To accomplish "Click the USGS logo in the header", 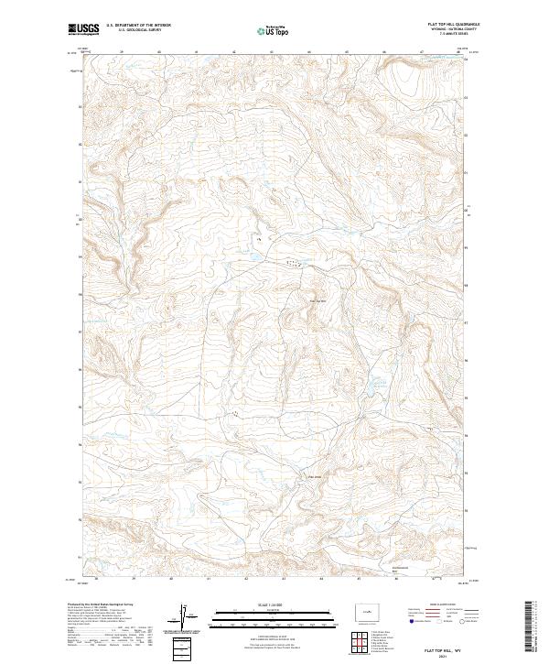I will click(83, 29).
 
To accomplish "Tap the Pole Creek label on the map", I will click(316, 474).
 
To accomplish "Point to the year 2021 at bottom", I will click(442, 654).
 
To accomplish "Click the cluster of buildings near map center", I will click(291, 264).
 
